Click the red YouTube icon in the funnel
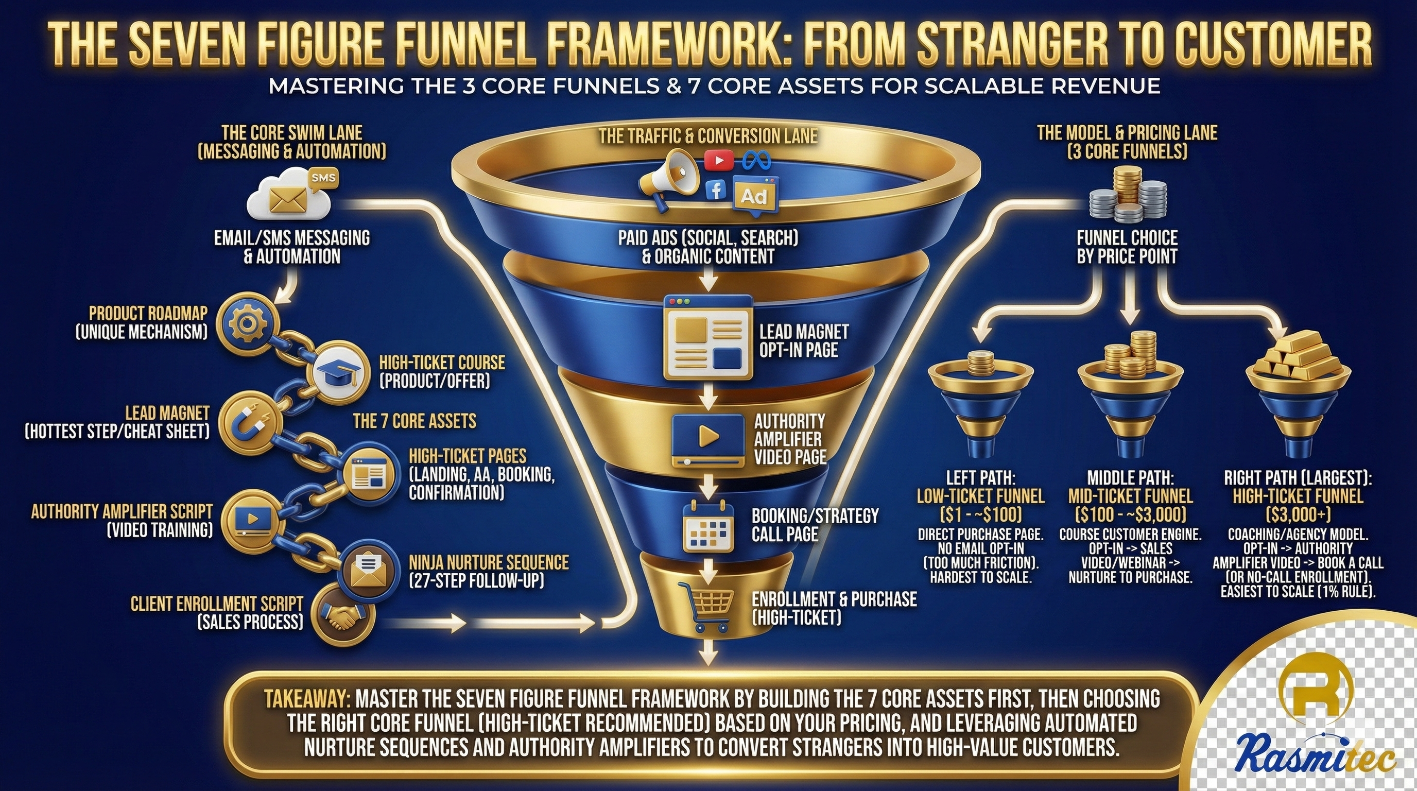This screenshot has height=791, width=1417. [718, 161]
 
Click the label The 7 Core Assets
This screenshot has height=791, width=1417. [414, 421]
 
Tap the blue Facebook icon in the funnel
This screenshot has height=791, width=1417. [716, 191]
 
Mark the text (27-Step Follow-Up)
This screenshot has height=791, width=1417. [476, 580]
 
